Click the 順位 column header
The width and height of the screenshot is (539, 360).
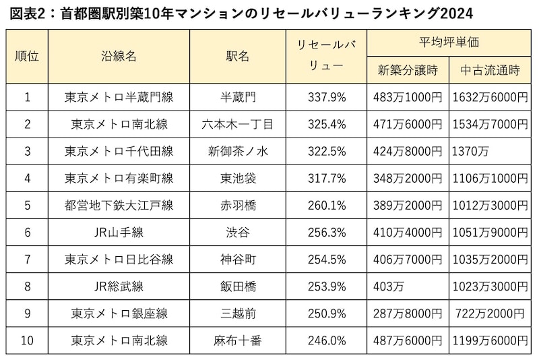pos(27,57)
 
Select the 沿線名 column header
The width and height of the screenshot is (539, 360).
pos(119,57)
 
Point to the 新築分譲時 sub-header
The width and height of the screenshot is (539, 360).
pos(408,70)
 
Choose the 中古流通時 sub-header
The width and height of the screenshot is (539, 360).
pos(490,70)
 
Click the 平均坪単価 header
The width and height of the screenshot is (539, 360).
pos(449,42)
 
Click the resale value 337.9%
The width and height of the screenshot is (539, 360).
pos(327,97)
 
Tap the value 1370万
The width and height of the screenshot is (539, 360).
pos(471,151)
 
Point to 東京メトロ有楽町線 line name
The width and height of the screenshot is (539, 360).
pos(119,178)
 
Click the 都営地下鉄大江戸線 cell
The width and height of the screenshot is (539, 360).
pos(119,205)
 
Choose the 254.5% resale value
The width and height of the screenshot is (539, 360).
pos(327,260)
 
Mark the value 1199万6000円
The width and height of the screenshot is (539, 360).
pos(490,340)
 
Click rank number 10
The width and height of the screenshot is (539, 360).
pos(27,340)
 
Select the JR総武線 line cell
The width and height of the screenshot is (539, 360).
pos(119,287)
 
